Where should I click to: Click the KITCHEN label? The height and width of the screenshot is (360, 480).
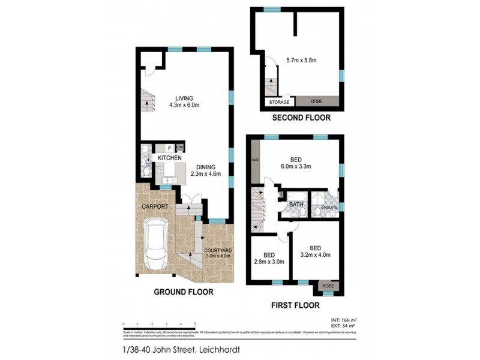(170, 158)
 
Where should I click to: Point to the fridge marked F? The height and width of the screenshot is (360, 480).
(169, 147)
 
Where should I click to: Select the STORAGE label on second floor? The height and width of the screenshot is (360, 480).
(280, 102)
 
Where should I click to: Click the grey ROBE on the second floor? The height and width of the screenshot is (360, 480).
(317, 102)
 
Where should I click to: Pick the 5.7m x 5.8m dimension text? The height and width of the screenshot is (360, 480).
(301, 60)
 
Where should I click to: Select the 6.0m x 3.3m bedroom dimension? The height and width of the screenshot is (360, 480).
(296, 166)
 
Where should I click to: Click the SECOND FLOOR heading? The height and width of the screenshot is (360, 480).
(301, 118)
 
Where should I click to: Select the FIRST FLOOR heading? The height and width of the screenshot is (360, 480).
(295, 305)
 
